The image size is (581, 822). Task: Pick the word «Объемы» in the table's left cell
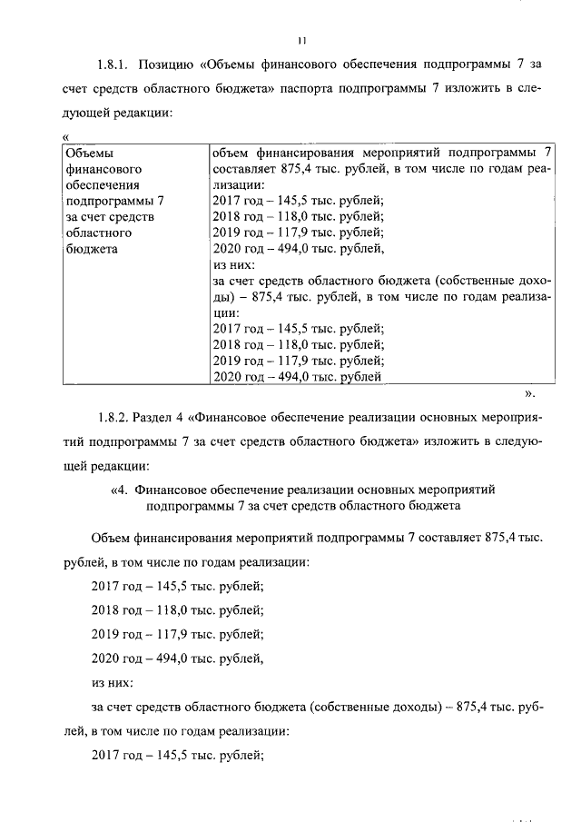89,153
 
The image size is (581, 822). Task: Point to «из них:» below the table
113,681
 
